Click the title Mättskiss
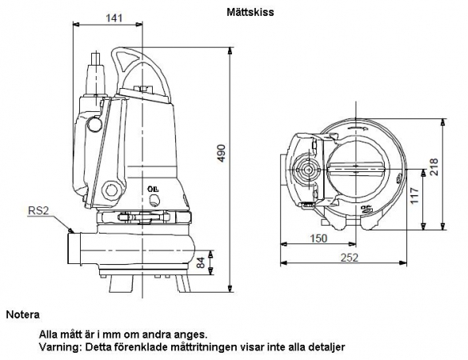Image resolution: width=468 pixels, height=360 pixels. pyautogui.click(x=250, y=12)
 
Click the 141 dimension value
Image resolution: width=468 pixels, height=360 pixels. pyautogui.click(x=114, y=18)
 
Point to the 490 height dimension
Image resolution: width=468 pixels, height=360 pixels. pyautogui.click(x=221, y=153)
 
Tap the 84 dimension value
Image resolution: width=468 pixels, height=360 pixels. pyautogui.click(x=202, y=262)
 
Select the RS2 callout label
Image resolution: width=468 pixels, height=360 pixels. pyautogui.click(x=38, y=210)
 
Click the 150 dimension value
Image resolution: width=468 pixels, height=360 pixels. pyautogui.click(x=318, y=238)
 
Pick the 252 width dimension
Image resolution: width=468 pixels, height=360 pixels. pyautogui.click(x=349, y=258)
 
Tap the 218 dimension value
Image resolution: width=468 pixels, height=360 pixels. pyautogui.click(x=433, y=167)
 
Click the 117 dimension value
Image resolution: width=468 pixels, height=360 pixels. pyautogui.click(x=415, y=196)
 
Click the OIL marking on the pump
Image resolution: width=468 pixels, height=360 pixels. pyautogui.click(x=153, y=189)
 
